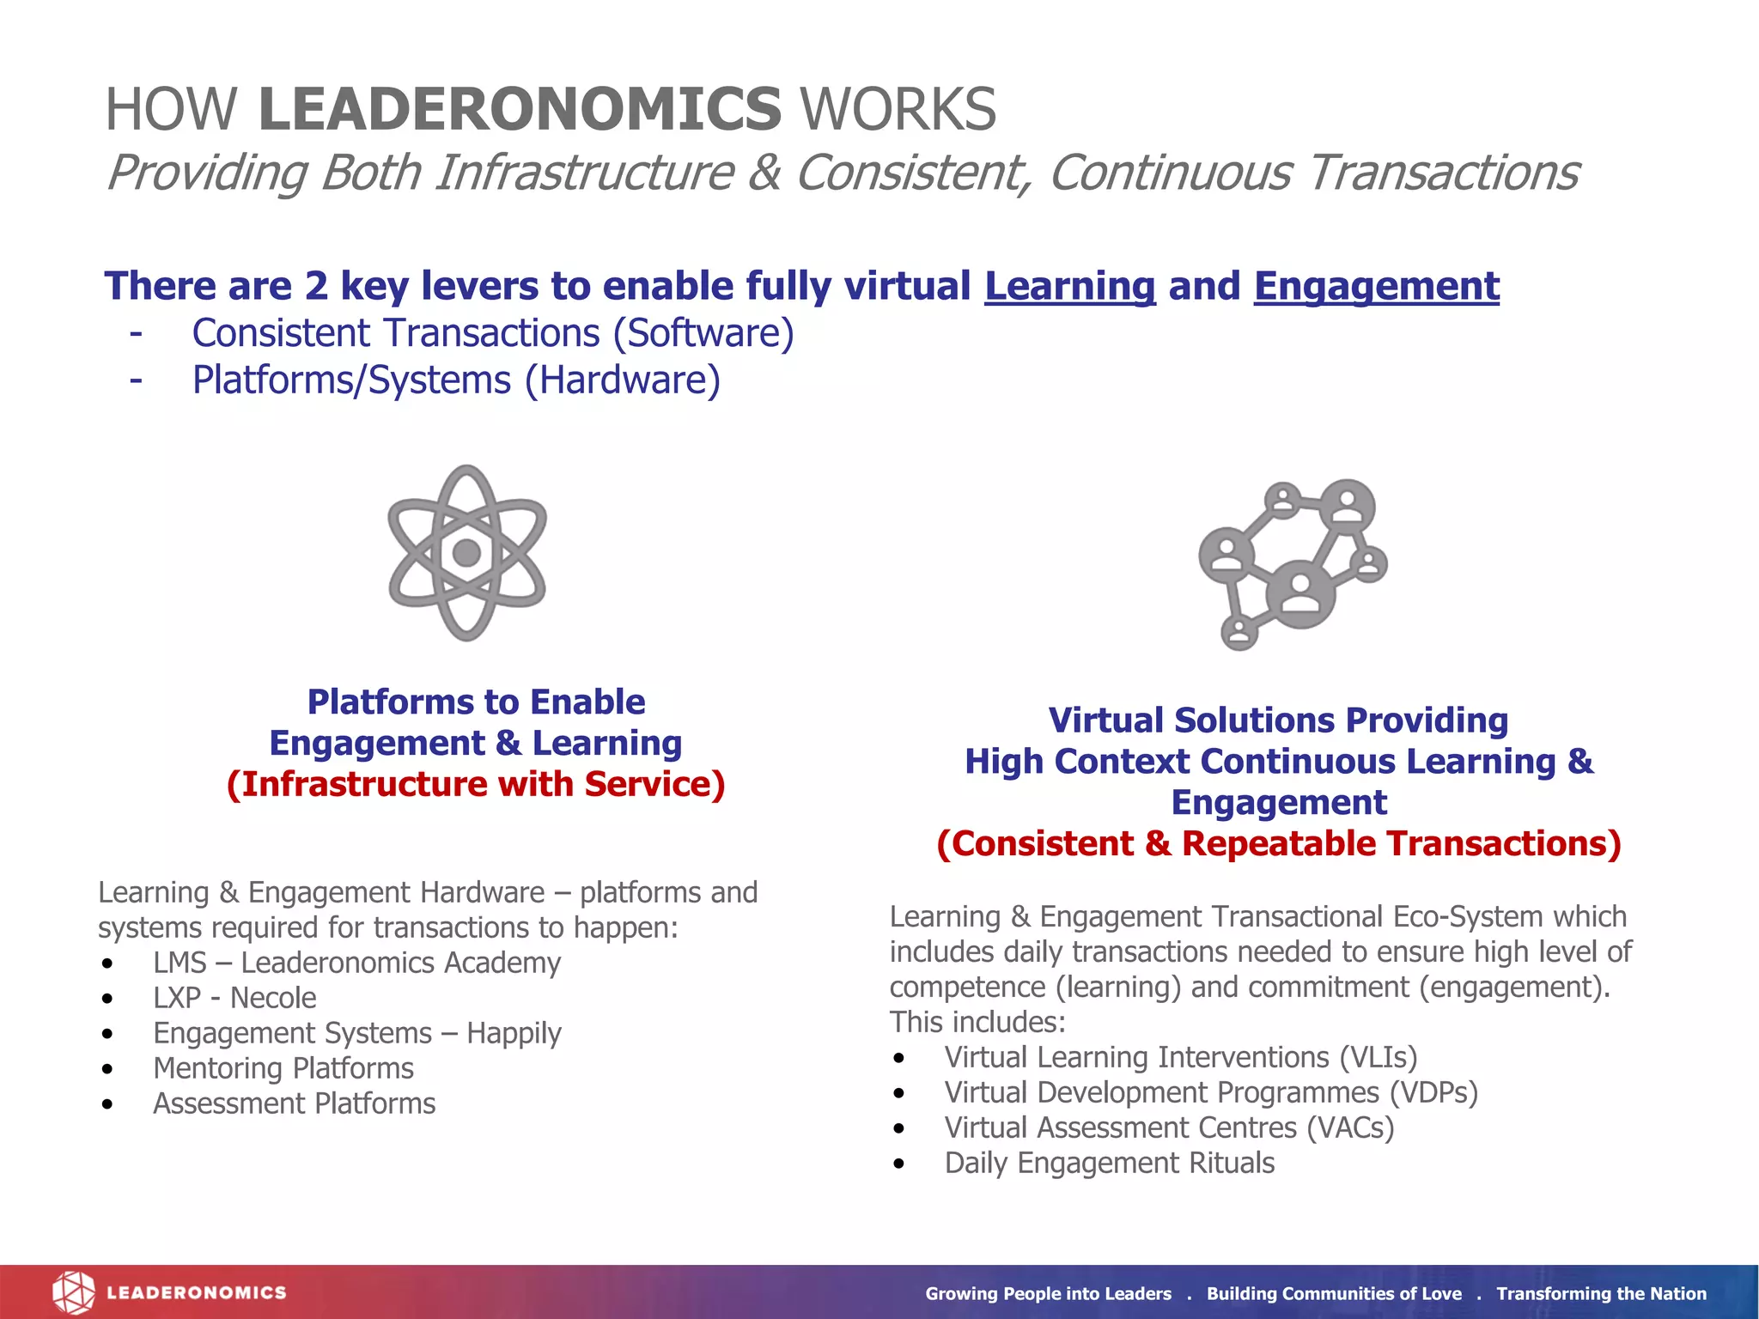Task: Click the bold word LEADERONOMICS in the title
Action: pos(520,109)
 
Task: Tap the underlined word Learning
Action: pos(1069,286)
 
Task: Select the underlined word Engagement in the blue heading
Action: pos(1376,286)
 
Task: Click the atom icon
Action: pos(466,553)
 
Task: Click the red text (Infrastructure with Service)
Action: pos(476,784)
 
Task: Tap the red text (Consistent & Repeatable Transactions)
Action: pos(1278,843)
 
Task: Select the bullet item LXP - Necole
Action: pos(234,998)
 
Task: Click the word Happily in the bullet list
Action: pos(514,1033)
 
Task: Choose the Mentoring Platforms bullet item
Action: pos(283,1068)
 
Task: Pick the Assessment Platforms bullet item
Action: pos(294,1103)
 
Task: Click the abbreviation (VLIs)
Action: pos(1378,1057)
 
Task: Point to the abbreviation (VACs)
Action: pos(1350,1128)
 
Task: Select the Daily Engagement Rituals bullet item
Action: pos(1109,1163)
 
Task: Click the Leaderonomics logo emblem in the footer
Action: pos(73,1292)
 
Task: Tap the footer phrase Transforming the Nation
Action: pos(1601,1293)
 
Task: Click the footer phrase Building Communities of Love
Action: pos(1333,1293)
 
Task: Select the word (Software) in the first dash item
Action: pos(703,333)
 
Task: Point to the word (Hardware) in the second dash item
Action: pos(623,380)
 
